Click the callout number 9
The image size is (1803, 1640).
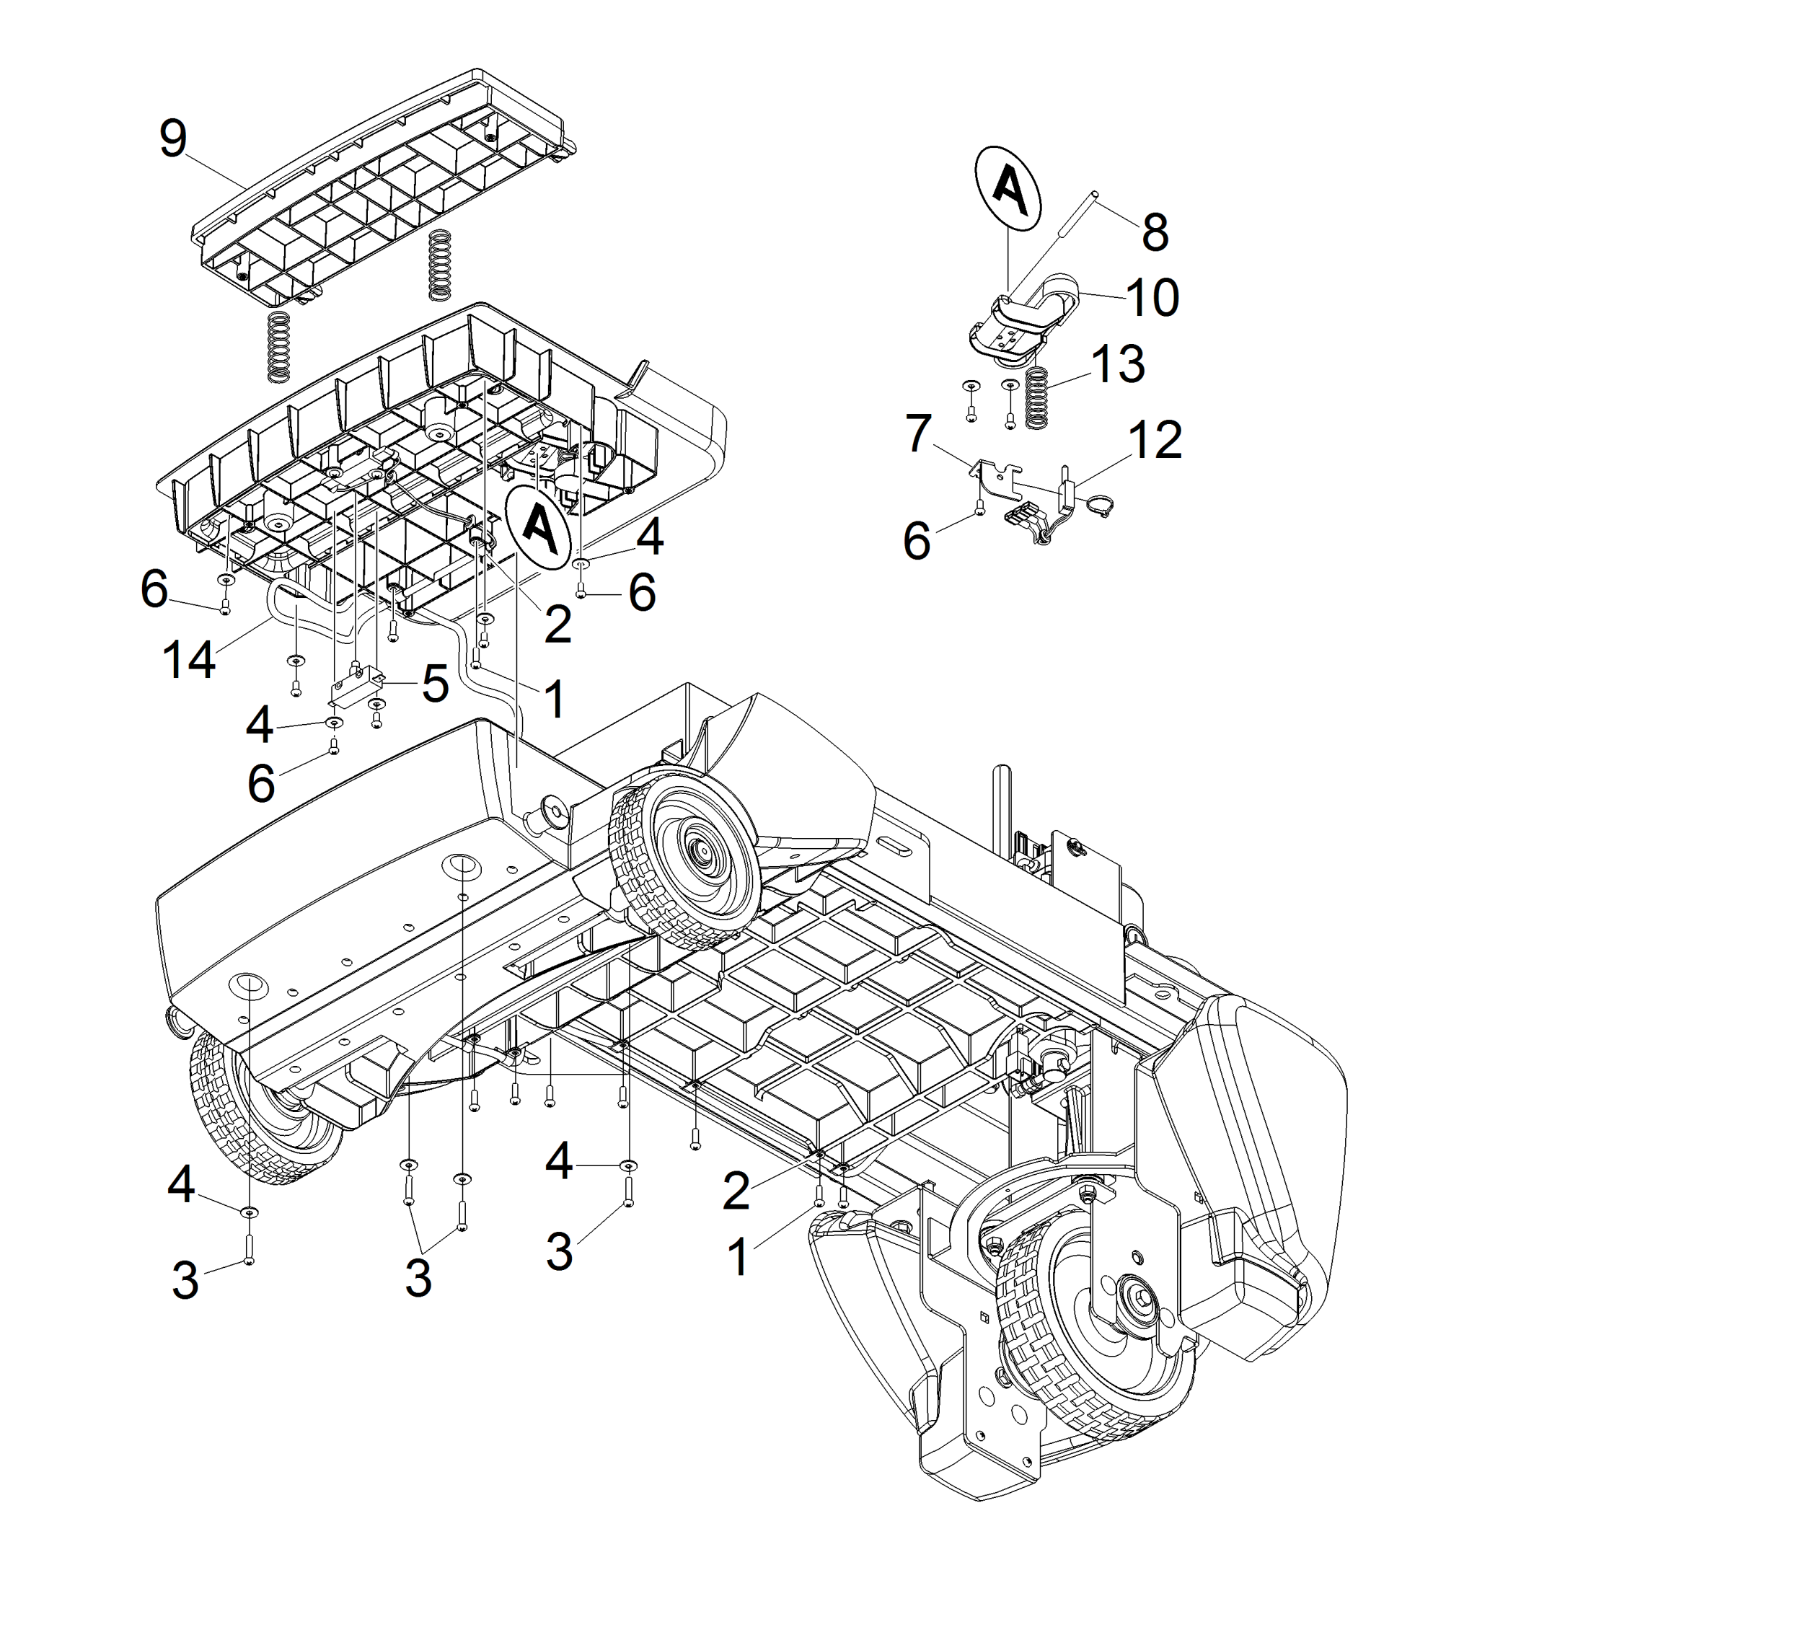(172, 139)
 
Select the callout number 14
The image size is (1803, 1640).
(189, 661)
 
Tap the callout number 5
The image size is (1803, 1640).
(435, 684)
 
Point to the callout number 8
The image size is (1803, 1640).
(1155, 232)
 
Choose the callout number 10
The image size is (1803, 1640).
(1152, 298)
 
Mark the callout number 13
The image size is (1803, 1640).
(1118, 365)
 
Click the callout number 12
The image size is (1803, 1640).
(1155, 440)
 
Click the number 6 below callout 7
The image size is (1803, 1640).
(917, 542)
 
